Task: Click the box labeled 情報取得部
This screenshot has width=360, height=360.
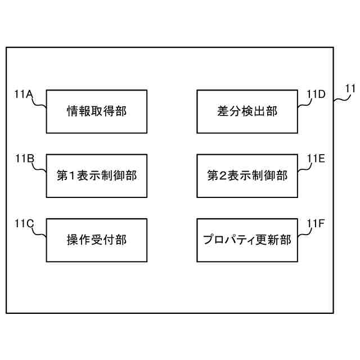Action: coord(96,111)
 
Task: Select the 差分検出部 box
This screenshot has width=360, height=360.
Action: coord(247,111)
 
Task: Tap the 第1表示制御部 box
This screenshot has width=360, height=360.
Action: coord(96,175)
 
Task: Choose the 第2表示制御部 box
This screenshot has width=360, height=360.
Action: coord(247,175)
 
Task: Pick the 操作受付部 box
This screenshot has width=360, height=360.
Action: coord(96,240)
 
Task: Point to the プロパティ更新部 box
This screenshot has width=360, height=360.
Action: coord(247,240)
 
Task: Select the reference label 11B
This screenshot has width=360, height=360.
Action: coord(24,158)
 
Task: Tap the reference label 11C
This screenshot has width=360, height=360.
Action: coord(24,223)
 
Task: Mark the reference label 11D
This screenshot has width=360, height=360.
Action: coord(316,94)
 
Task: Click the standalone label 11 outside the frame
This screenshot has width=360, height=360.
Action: coord(350,88)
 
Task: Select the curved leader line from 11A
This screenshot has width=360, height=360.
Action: coord(39,105)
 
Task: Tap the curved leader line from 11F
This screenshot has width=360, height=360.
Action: coord(304,234)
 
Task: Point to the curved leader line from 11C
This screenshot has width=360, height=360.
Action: coord(39,233)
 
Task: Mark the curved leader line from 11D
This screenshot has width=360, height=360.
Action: coord(304,105)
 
